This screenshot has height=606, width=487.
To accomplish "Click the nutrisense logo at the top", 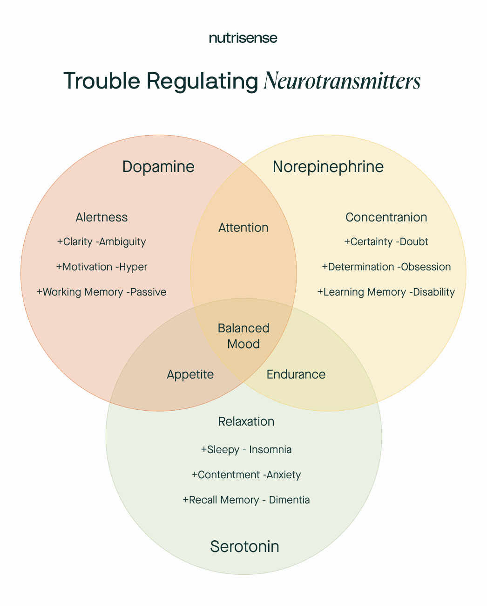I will tap(243, 38).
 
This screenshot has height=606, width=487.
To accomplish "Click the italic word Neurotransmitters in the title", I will tap(342, 81).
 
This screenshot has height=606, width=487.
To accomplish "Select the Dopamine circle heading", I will tap(158, 166).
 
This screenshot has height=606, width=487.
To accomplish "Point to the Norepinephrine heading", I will tap(328, 166).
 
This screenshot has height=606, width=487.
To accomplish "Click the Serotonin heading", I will tap(244, 546).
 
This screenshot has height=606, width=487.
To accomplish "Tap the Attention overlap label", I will tap(243, 227).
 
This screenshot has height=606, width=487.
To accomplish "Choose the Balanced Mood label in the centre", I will tap(243, 336).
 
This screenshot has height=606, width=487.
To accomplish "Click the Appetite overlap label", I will tap(190, 374).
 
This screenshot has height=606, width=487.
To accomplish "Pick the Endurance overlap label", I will tap(296, 374).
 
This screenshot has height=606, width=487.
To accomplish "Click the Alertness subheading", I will tap(101, 217).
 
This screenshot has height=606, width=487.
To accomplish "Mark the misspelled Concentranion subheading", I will tap(386, 217).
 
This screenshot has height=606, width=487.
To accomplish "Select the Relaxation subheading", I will tap(246, 421).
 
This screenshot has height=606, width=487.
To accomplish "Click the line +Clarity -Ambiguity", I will tap(101, 241).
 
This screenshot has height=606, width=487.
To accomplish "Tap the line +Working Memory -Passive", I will tap(101, 292).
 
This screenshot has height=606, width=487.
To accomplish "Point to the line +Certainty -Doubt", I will tap(386, 241).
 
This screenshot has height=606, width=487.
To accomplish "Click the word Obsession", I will tap(426, 267).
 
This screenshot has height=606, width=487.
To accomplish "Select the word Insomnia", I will tap(270, 449).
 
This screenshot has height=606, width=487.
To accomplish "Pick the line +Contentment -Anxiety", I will tap(246, 475).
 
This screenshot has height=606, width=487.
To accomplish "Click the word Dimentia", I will tap(289, 500).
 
